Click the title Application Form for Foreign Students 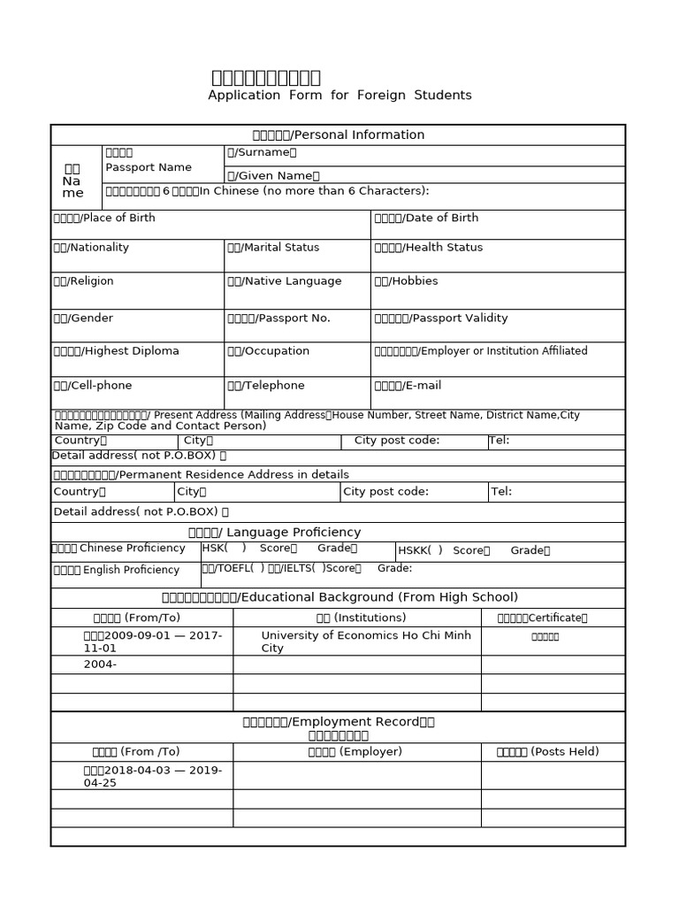click(x=339, y=96)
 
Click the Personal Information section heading click(x=338, y=135)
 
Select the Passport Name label click(x=148, y=167)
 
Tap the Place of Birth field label click(x=103, y=219)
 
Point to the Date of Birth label click(x=426, y=219)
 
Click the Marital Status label click(x=273, y=248)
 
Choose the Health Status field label click(x=428, y=248)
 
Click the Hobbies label click(x=406, y=281)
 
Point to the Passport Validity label click(x=440, y=319)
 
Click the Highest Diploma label click(x=116, y=351)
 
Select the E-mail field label click(x=408, y=386)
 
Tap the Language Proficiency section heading click(x=274, y=533)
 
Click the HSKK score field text click(x=473, y=550)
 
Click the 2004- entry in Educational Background click(x=100, y=664)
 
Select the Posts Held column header click(x=547, y=752)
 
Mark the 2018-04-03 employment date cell click(x=141, y=776)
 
